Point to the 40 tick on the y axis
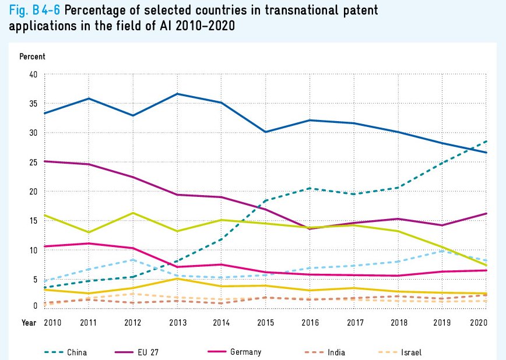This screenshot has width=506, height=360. tap(33, 75)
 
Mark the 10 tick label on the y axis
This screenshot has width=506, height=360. tap(33, 250)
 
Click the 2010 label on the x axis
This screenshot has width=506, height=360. tap(52, 322)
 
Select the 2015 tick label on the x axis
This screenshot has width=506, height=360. tap(265, 322)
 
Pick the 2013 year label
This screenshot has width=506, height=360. tap(177, 322)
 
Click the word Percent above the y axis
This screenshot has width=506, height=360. tap(32, 57)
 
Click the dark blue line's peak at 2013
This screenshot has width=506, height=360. tap(177, 94)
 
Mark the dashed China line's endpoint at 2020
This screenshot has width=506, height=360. tap(487, 141)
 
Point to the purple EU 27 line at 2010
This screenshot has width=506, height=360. tap(45, 161)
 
